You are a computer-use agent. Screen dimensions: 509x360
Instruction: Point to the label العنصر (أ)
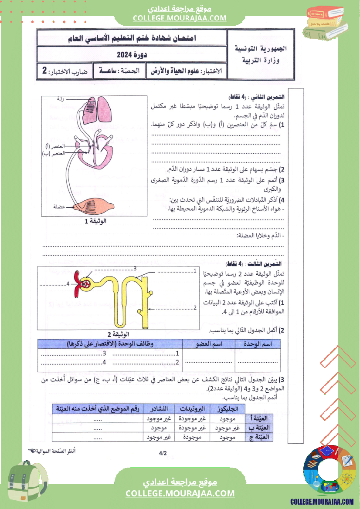(56, 146)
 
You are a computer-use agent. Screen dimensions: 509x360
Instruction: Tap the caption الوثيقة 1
(95, 221)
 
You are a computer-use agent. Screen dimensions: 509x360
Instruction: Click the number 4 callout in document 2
(68, 284)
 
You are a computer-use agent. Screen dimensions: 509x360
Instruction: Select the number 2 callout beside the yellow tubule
(195, 308)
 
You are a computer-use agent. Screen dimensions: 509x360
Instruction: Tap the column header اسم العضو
(208, 344)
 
